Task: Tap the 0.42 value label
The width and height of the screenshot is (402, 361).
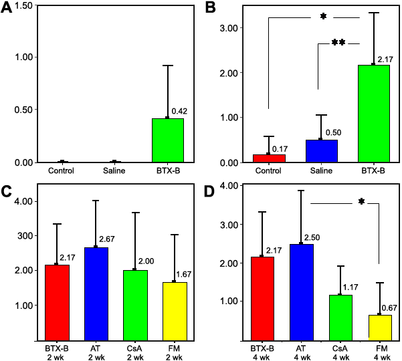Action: (x=179, y=110)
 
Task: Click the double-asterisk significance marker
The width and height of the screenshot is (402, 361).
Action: (x=338, y=43)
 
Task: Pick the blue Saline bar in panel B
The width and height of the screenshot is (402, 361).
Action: (x=322, y=151)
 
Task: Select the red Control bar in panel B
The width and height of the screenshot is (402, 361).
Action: (x=270, y=158)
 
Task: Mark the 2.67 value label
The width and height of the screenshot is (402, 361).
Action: (x=108, y=239)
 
